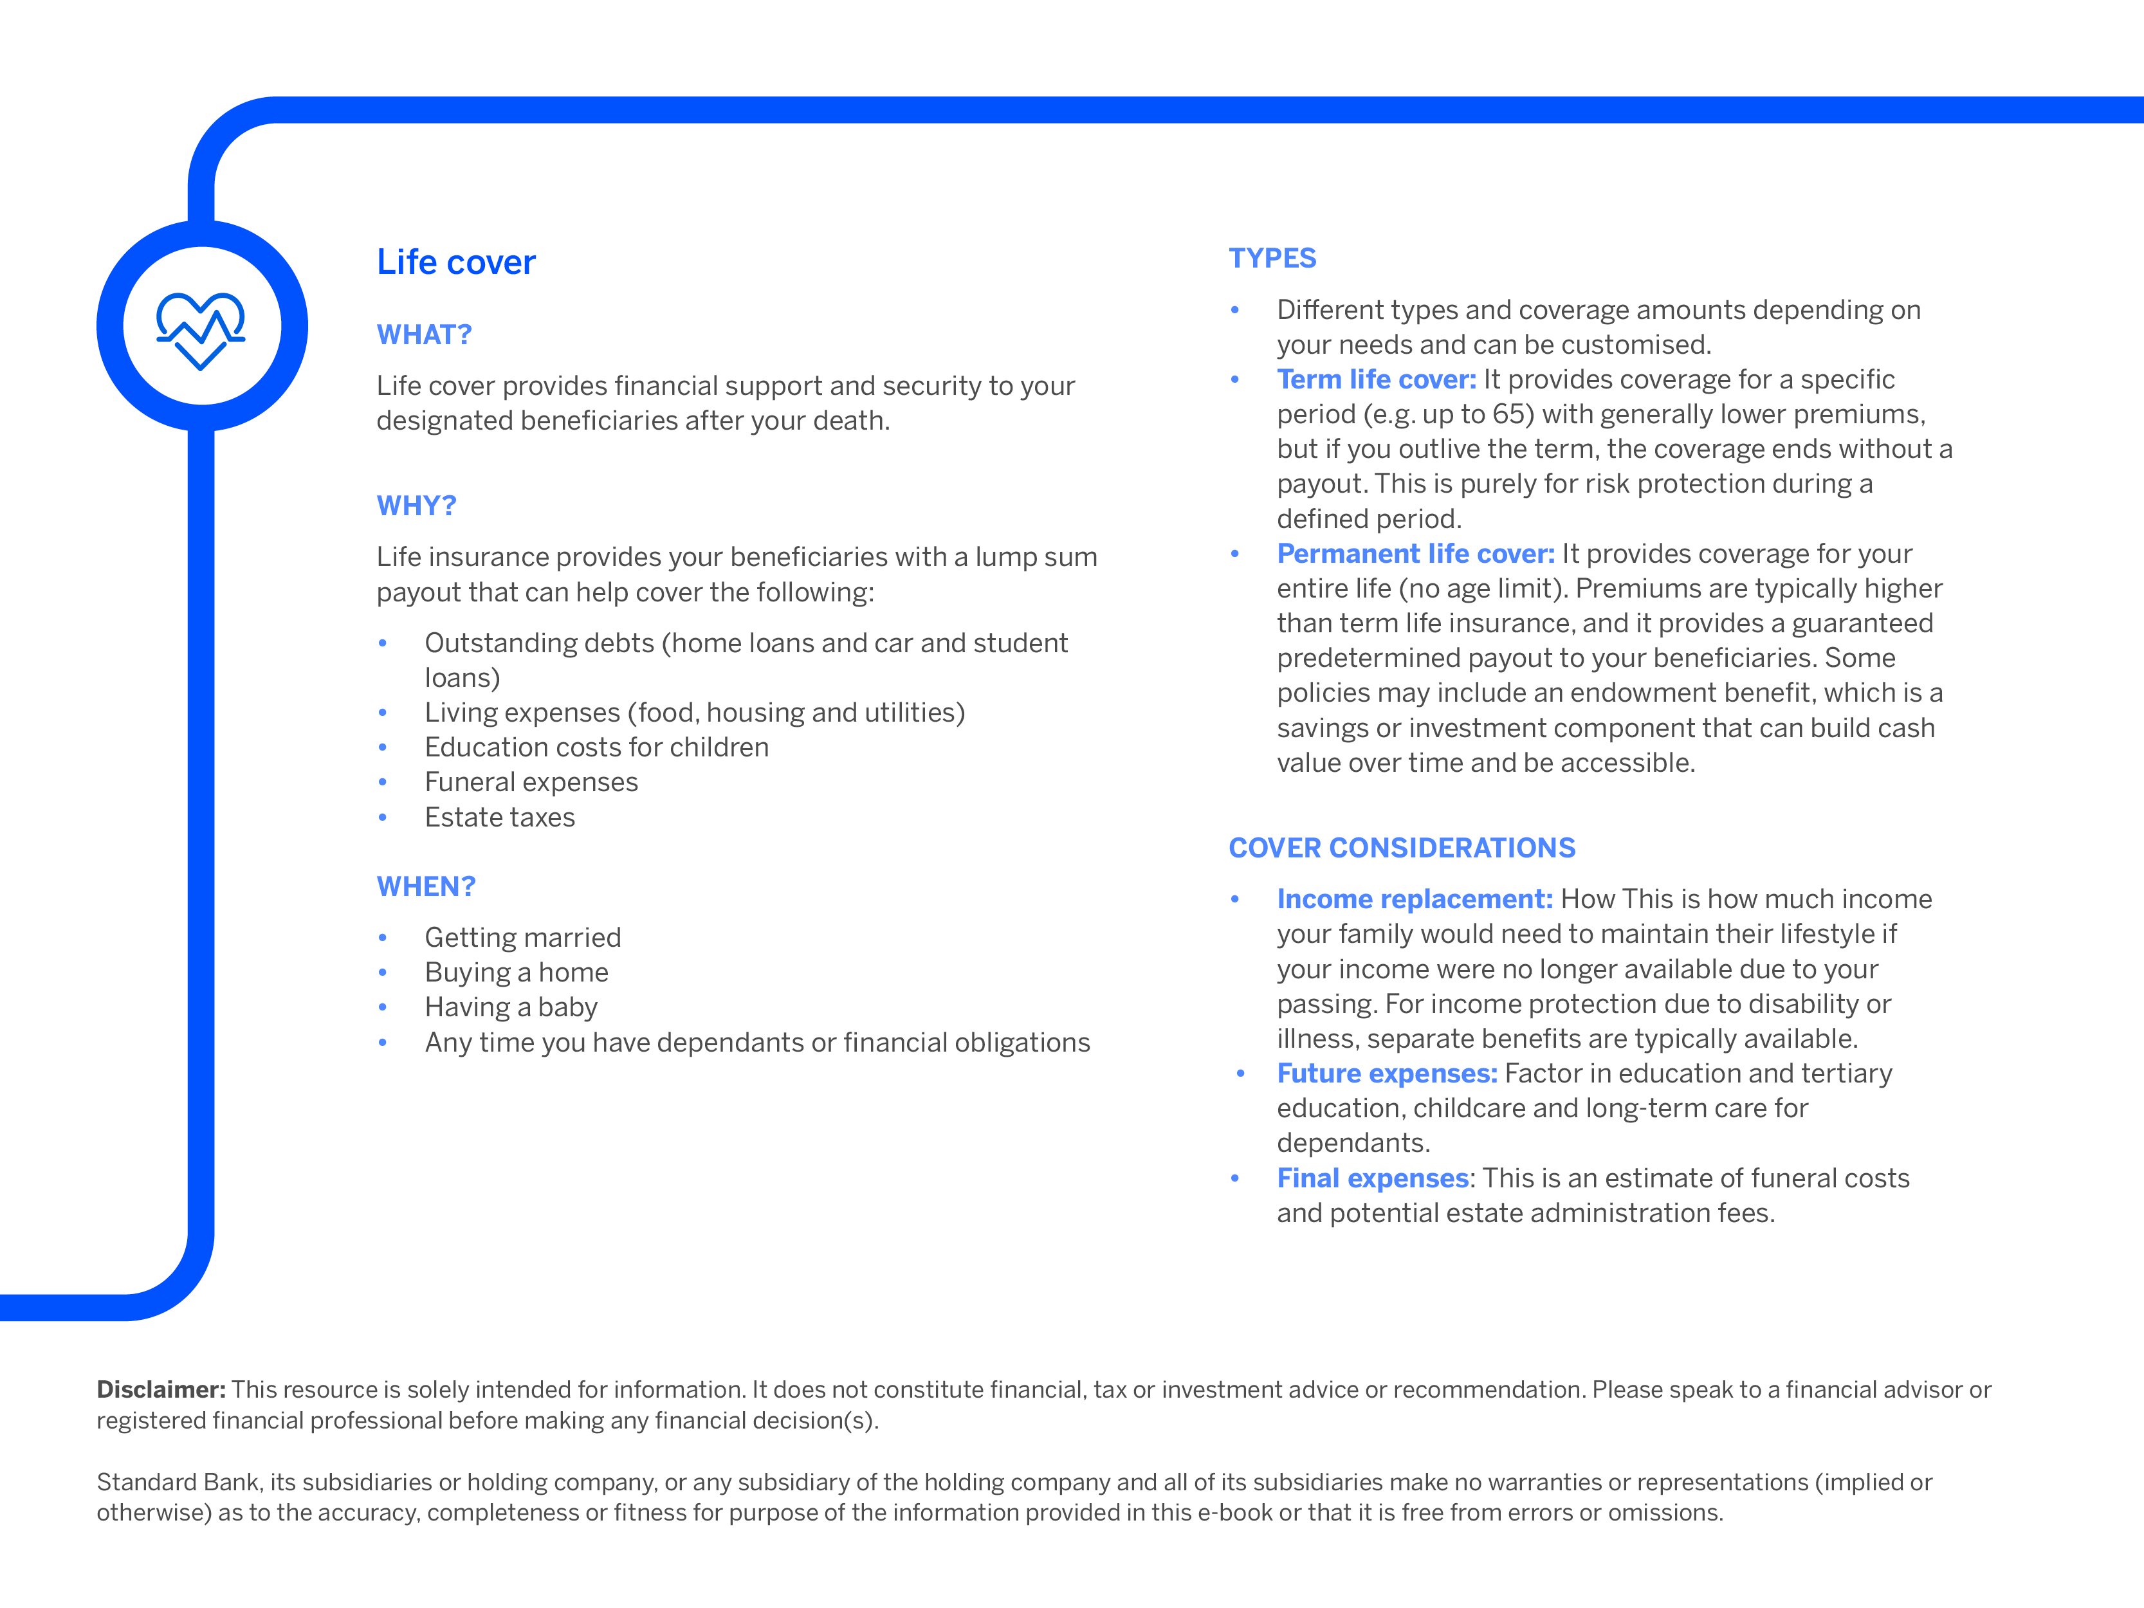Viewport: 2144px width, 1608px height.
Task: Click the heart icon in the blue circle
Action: point(201,329)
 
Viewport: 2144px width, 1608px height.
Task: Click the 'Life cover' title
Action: point(455,262)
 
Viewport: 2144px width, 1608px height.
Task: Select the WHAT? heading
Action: point(423,335)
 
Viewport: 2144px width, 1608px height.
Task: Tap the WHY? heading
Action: point(416,506)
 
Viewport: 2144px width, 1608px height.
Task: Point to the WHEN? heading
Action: point(425,887)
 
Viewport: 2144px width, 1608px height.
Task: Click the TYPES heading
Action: point(1272,259)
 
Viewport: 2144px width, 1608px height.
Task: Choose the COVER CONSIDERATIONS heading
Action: point(1402,848)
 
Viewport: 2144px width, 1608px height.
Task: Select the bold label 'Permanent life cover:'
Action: point(1415,553)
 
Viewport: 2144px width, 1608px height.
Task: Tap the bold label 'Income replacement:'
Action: point(1414,899)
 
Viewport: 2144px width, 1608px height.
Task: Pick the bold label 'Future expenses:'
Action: point(1386,1074)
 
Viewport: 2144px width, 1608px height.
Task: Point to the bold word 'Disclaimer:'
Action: point(161,1390)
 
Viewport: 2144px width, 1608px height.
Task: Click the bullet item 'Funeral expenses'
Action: point(531,782)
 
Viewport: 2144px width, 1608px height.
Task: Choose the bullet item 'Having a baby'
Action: point(511,1008)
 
